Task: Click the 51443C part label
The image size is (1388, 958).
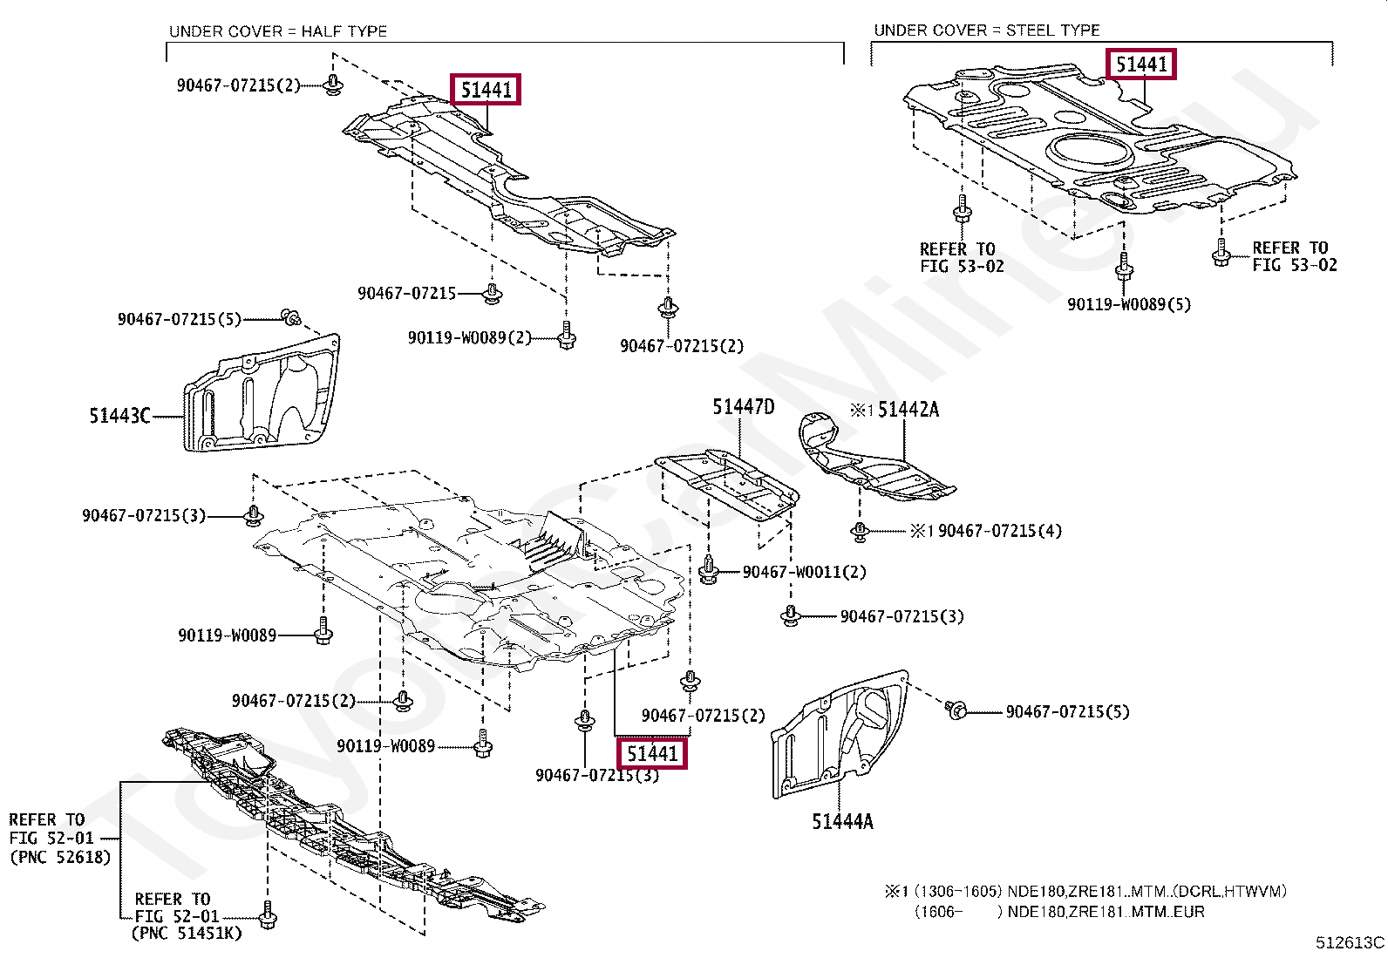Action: click(119, 416)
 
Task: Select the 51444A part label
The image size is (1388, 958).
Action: click(841, 821)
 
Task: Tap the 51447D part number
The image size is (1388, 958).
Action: click(743, 407)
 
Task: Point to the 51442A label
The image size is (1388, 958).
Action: click(908, 410)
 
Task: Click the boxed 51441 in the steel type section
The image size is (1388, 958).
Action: click(1140, 65)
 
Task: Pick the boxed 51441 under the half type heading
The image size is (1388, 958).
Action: click(486, 89)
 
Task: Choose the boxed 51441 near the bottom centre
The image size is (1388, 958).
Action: click(652, 753)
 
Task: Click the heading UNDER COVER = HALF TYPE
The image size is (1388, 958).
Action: click(277, 31)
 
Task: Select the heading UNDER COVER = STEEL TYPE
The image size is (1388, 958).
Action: click(986, 30)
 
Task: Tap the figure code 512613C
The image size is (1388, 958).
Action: click(1349, 942)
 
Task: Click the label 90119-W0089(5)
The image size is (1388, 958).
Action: click(1128, 304)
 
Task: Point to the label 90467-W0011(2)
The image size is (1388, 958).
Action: click(804, 572)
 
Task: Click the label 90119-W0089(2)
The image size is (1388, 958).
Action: click(469, 337)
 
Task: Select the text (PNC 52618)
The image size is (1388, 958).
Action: click(60, 857)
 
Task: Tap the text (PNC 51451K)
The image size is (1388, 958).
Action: click(186, 933)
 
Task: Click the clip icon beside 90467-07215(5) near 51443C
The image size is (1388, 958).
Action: click(290, 316)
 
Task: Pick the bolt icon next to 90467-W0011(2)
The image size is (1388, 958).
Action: click(709, 571)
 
